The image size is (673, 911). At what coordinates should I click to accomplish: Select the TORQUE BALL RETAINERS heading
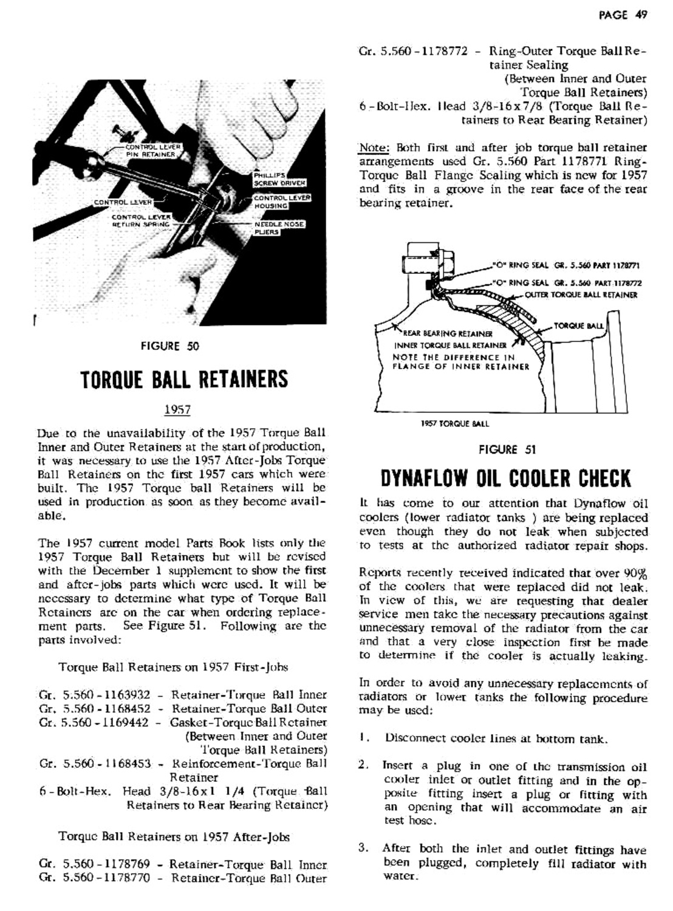click(x=184, y=379)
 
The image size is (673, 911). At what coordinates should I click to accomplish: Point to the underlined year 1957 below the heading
click(x=178, y=410)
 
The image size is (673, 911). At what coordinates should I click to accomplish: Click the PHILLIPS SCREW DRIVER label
click(x=279, y=179)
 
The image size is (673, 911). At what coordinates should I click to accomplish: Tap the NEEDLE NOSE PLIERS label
click(x=279, y=228)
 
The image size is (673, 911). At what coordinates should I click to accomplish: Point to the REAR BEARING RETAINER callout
click(x=446, y=333)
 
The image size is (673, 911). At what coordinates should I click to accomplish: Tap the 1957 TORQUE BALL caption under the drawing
click(x=455, y=424)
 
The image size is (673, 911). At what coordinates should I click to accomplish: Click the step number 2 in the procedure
click(x=363, y=765)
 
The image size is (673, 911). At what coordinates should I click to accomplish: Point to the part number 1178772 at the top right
click(x=442, y=52)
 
